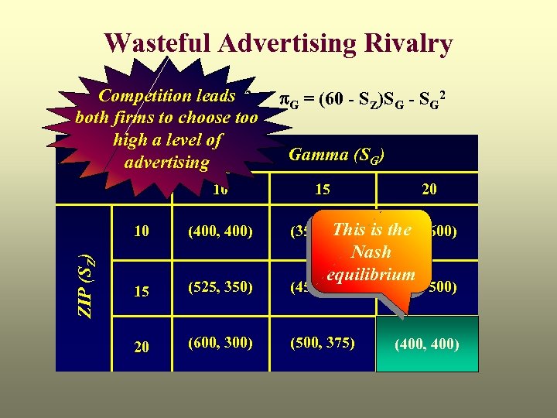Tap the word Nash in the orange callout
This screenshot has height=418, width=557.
[x=371, y=252]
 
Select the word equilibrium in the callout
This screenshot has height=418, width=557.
[x=371, y=274]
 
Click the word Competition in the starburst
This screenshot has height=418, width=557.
[x=145, y=96]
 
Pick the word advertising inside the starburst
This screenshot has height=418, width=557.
[x=166, y=163]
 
